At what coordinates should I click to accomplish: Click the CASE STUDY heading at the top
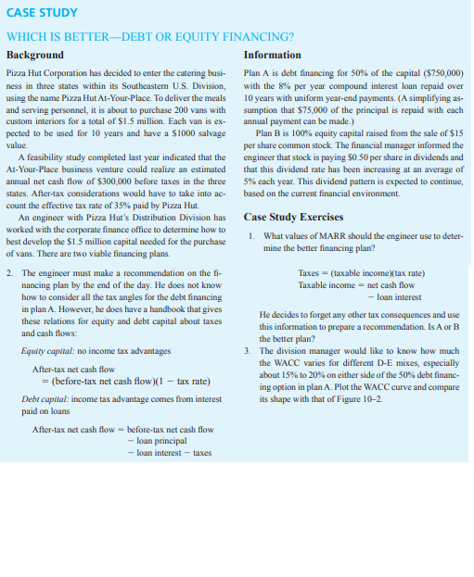click(41, 13)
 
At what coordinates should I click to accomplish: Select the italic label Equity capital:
click(46, 351)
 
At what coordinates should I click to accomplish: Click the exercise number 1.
click(252, 236)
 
